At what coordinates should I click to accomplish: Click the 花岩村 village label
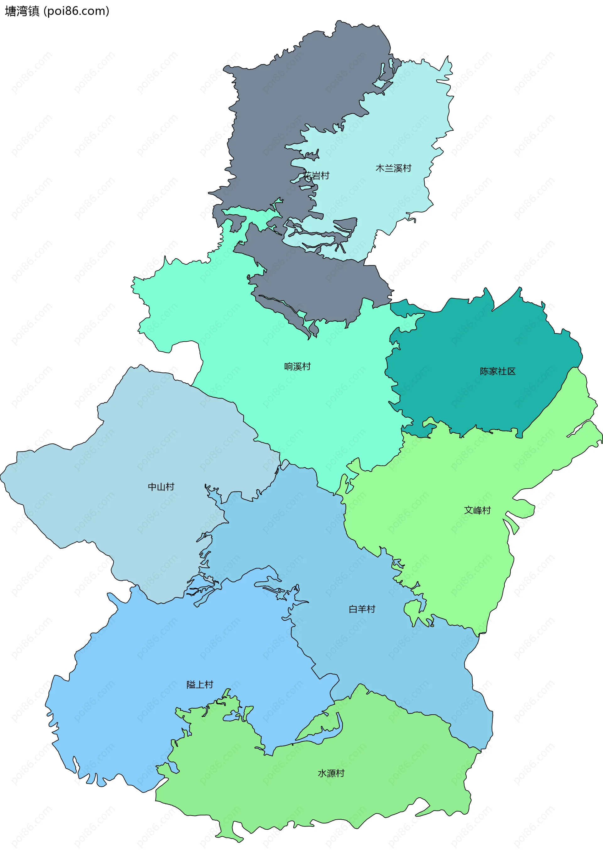click(x=316, y=176)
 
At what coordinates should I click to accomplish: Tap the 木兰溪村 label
click(x=393, y=168)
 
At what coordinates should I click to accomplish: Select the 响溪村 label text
click(x=297, y=366)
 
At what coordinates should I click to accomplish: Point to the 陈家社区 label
click(x=497, y=371)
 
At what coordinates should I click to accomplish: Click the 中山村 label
click(x=161, y=487)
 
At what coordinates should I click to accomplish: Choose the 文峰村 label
click(x=477, y=510)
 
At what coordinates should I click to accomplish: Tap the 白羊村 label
click(x=362, y=609)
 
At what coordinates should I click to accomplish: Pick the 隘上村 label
click(x=200, y=684)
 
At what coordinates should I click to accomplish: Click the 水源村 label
click(x=331, y=773)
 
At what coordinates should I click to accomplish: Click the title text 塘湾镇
click(x=22, y=11)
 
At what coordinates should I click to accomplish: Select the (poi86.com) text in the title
click(x=76, y=11)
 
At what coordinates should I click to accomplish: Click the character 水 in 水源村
click(x=322, y=773)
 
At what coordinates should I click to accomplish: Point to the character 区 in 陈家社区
click(x=511, y=371)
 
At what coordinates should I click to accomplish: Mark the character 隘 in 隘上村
click(x=191, y=684)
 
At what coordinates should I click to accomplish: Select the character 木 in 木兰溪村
click(x=380, y=168)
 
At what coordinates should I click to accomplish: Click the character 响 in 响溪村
click(x=288, y=366)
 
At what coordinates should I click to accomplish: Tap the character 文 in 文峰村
click(x=469, y=510)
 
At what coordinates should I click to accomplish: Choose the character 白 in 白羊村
click(x=353, y=609)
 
